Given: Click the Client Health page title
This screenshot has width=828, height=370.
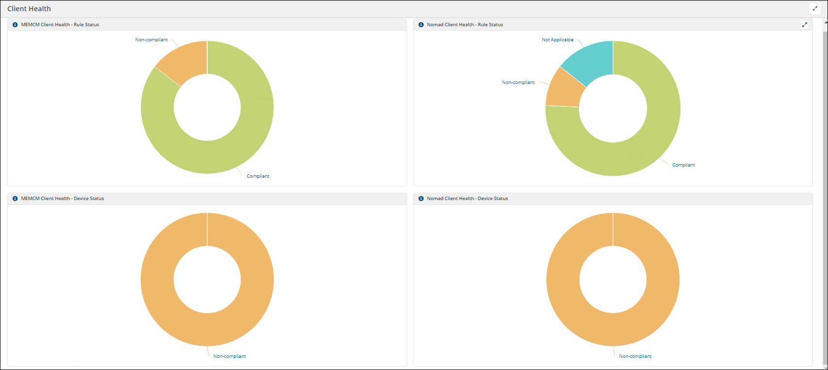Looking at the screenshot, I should pyautogui.click(x=29, y=9).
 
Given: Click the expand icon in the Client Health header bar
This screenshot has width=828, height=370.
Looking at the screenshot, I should pyautogui.click(x=815, y=8).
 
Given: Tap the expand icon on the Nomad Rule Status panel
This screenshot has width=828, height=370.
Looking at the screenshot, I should pyautogui.click(x=804, y=25).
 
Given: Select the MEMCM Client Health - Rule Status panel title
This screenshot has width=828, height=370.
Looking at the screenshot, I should pyautogui.click(x=60, y=25).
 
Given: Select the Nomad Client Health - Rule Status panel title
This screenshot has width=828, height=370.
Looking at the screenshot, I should pyautogui.click(x=464, y=25).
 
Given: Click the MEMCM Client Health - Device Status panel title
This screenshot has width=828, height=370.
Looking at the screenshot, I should pyautogui.click(x=62, y=199).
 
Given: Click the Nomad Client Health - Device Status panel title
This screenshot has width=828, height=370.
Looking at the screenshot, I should pyautogui.click(x=467, y=199).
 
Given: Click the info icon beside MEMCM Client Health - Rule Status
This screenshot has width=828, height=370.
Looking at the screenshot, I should pyautogui.click(x=15, y=25).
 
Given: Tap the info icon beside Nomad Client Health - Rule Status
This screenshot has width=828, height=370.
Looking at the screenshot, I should pyautogui.click(x=421, y=25).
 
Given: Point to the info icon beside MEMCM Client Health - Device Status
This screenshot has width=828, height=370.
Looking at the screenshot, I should pyautogui.click(x=15, y=199).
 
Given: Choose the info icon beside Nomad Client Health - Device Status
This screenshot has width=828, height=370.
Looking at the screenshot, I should pyautogui.click(x=421, y=199).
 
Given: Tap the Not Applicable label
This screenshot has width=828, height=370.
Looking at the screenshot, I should pyautogui.click(x=557, y=40).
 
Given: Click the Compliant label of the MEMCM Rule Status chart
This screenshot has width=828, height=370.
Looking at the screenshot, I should pyautogui.click(x=258, y=176).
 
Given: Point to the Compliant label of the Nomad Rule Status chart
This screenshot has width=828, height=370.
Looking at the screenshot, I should pyautogui.click(x=683, y=165).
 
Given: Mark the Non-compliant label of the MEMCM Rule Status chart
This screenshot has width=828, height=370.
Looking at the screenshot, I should pyautogui.click(x=151, y=40).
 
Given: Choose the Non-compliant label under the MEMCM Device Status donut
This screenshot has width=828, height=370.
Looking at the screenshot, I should pyautogui.click(x=230, y=356).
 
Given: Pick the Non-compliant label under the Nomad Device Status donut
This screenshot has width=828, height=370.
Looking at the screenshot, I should pyautogui.click(x=635, y=356).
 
